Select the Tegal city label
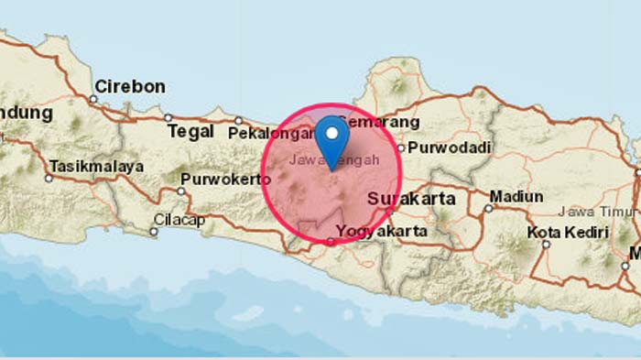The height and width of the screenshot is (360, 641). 190,132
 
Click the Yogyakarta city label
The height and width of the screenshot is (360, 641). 382,232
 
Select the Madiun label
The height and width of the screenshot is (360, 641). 516,196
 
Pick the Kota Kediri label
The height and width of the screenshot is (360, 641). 574,233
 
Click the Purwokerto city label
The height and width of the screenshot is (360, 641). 225,179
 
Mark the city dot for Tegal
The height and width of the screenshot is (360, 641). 168,117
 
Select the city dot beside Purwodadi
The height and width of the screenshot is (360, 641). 412,147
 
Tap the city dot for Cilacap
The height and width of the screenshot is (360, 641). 154,232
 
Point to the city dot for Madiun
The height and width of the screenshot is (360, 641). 488,208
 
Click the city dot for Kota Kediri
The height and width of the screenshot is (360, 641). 546,244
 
